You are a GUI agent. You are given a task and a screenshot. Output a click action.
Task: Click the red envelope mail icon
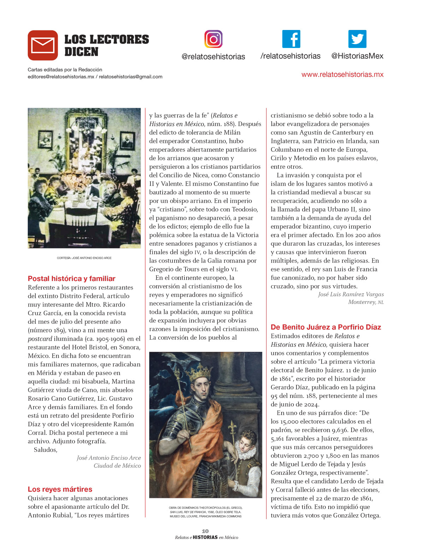(43, 45)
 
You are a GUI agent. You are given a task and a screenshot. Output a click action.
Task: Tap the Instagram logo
(213, 39)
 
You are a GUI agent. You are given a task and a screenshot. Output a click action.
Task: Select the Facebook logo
(291, 39)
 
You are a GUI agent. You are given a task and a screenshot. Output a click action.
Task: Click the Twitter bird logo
(357, 39)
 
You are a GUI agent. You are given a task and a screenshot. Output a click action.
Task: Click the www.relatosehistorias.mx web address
(342, 74)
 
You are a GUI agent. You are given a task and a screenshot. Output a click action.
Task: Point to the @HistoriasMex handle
(357, 56)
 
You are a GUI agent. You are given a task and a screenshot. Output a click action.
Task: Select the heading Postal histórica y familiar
(72, 279)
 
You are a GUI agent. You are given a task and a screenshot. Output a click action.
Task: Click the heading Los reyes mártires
(60, 489)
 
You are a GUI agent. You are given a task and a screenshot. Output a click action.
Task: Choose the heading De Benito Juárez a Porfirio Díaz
(326, 327)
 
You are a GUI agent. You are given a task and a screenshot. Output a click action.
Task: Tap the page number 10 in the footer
(205, 531)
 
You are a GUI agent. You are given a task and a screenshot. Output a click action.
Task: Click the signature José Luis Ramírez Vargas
(351, 294)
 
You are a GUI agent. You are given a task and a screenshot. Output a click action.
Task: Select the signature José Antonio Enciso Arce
(109, 458)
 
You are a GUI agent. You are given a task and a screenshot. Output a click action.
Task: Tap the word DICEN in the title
(81, 52)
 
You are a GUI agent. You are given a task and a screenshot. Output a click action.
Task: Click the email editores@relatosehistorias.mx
(61, 77)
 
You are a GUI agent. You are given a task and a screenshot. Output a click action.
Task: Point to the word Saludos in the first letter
(45, 450)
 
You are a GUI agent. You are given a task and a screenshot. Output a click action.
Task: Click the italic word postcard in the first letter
(40, 339)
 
